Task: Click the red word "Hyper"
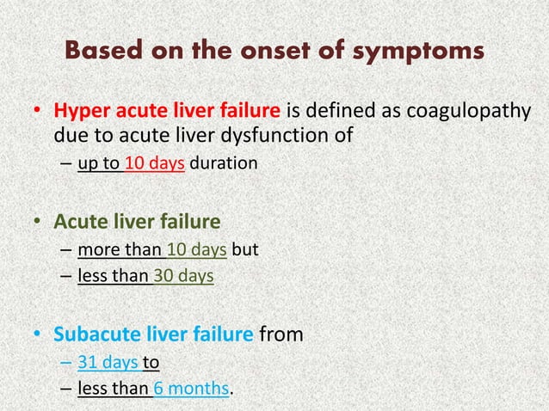tap(79, 112)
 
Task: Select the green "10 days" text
tap(197, 250)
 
